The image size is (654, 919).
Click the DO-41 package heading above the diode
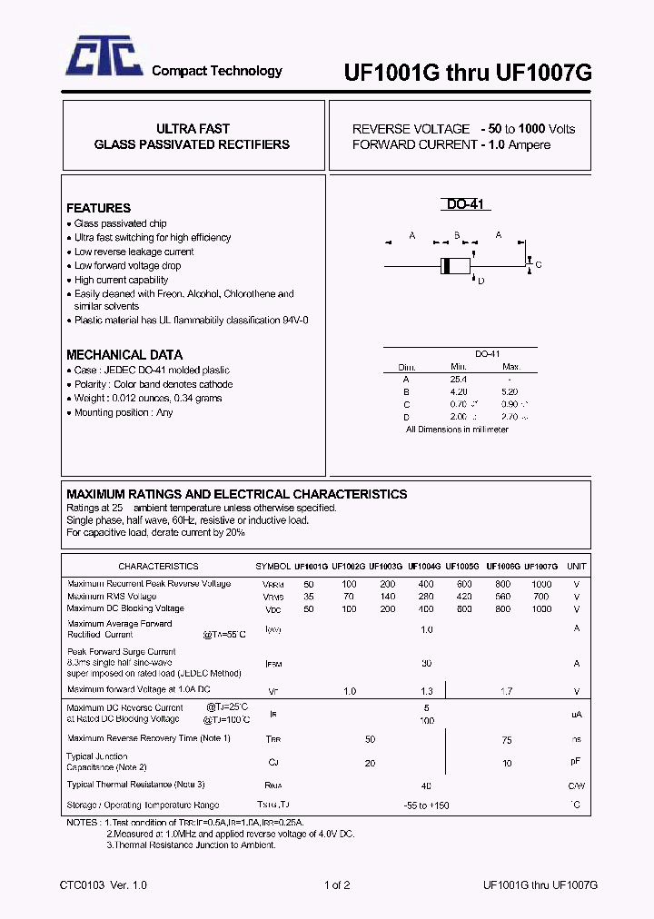[x=467, y=205]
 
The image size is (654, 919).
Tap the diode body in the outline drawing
[x=455, y=265]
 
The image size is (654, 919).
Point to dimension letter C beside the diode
[x=538, y=265]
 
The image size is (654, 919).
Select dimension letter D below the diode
[x=481, y=282]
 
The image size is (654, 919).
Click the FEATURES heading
[x=98, y=208]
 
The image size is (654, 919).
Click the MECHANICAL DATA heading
[x=124, y=355]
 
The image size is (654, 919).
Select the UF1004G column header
[x=425, y=566]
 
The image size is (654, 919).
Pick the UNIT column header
[x=576, y=566]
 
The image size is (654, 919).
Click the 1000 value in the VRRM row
[x=541, y=584]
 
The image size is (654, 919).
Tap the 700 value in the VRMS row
[x=541, y=597]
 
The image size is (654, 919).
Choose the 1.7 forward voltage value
[x=507, y=692]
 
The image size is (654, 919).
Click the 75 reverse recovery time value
[x=507, y=739]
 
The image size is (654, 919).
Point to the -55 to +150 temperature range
[x=426, y=805]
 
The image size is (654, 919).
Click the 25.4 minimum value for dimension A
[x=458, y=379]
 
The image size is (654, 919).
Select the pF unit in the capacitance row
[x=576, y=762]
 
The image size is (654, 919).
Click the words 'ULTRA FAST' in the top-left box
[x=193, y=129]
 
